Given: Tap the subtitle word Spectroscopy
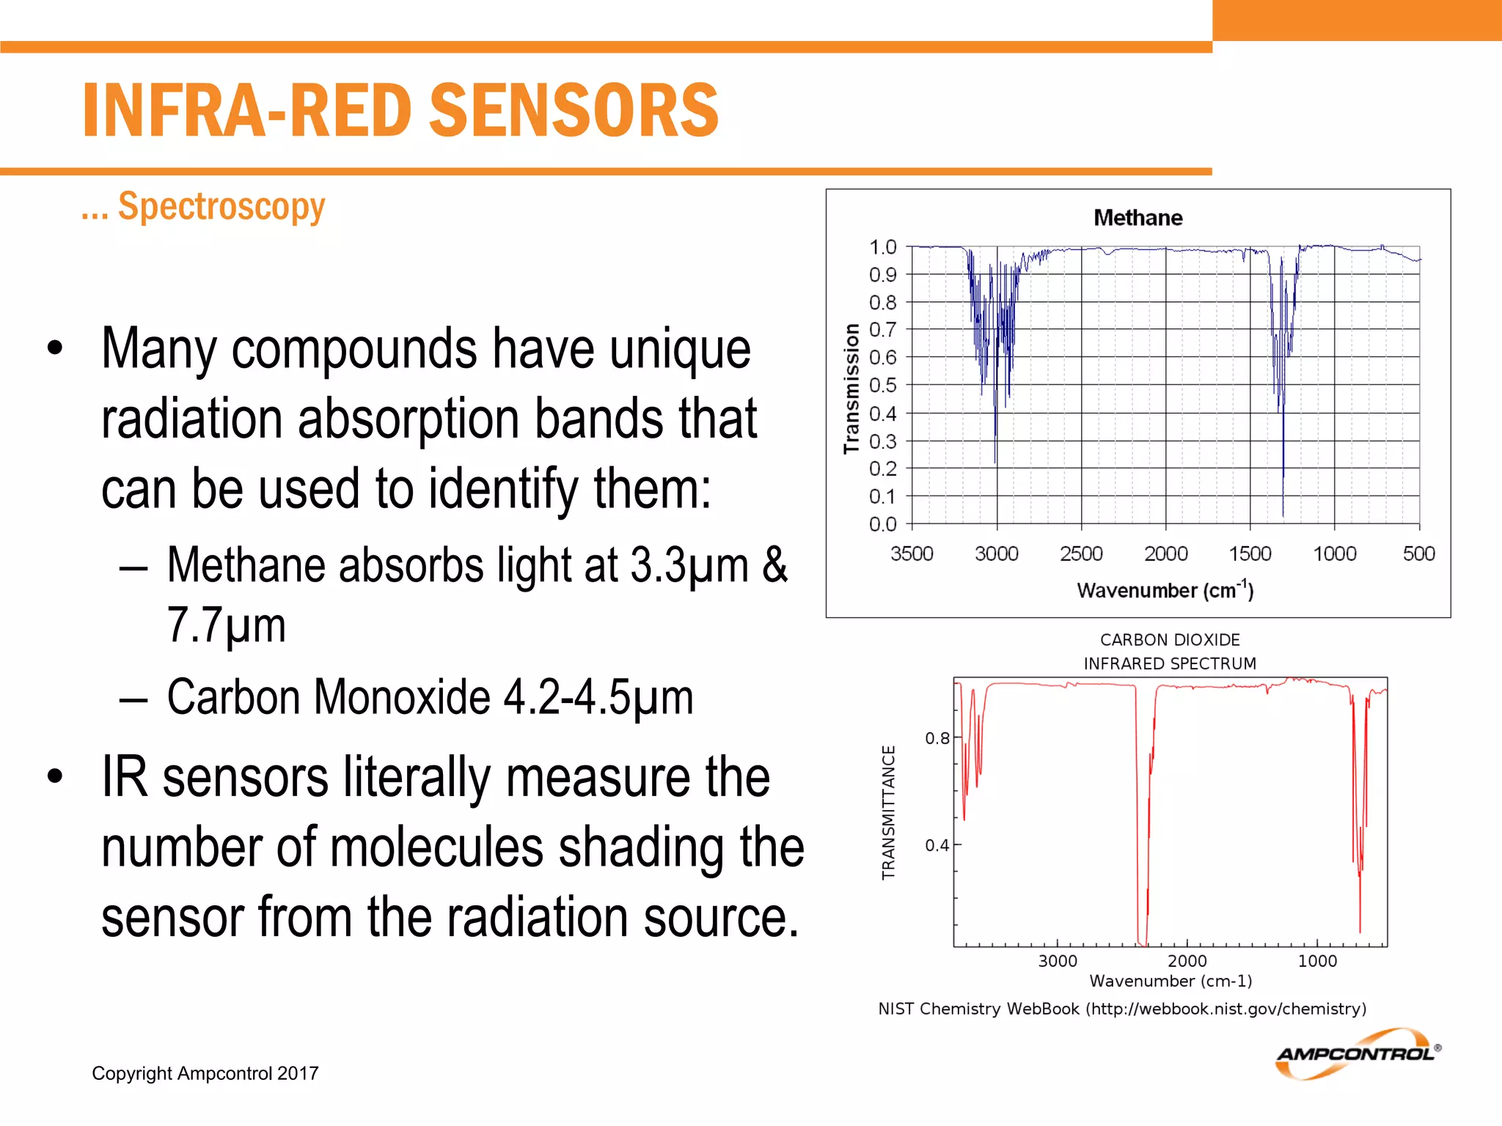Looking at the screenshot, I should (x=221, y=206).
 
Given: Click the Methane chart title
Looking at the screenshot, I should (x=1138, y=218).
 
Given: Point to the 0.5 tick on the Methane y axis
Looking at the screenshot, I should (x=882, y=386).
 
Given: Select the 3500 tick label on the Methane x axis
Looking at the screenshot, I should (x=912, y=553).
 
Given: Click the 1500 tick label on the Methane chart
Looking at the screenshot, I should (x=1250, y=553).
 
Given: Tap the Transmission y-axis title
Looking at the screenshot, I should (x=851, y=389).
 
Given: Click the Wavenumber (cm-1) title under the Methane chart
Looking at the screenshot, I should (x=1165, y=590).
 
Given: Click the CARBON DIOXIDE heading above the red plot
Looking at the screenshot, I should (x=1170, y=640).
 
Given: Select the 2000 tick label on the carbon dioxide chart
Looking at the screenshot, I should (x=1187, y=961).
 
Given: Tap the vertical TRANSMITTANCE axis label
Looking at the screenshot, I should (x=888, y=812).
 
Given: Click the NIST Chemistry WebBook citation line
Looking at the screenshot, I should (x=1122, y=1009).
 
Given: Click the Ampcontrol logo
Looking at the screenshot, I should (x=1357, y=1054).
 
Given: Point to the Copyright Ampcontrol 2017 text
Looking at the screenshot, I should (x=205, y=1073).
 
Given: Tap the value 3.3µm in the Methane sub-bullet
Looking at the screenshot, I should (x=689, y=565).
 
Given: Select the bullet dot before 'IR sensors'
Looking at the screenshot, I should (x=55, y=776).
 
